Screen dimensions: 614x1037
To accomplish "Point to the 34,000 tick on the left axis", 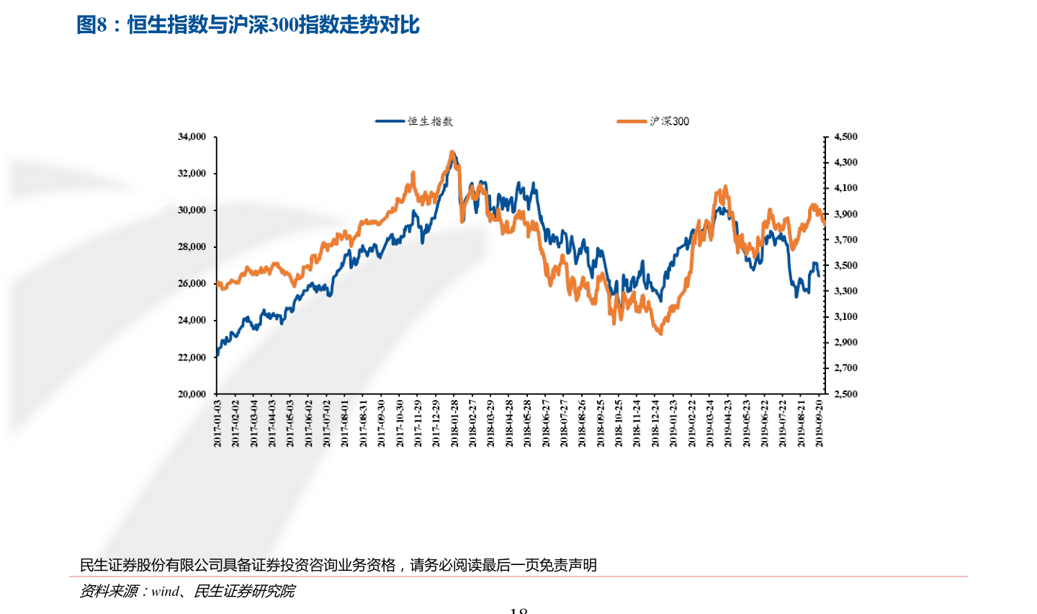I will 192,136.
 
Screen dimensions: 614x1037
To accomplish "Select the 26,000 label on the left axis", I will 192,283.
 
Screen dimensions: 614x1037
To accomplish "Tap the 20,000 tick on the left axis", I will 192,393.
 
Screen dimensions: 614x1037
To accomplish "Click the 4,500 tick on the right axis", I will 845,136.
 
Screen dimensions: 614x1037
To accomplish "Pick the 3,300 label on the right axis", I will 845,291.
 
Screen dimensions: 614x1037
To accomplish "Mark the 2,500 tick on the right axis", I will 845,393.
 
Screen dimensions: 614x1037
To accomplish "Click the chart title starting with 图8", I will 248,25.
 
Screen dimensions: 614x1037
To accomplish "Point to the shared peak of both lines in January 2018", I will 452,153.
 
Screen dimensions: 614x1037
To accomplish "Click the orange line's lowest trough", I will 660,333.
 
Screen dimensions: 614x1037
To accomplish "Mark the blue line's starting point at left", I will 217,354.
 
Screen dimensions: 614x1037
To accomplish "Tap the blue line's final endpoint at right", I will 818,275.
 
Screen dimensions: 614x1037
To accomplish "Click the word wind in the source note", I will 165,592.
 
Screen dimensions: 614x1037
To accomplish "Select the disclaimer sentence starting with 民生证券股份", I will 338,565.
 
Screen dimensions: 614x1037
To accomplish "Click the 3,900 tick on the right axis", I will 845,214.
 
